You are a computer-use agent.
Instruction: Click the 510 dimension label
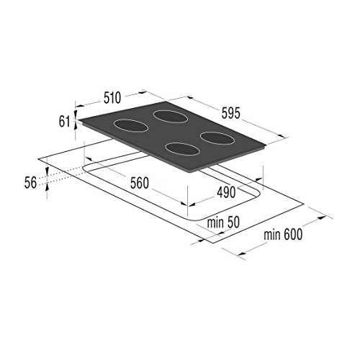[112, 98]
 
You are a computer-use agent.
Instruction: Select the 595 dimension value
[230, 113]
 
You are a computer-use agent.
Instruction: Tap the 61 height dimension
[64, 122]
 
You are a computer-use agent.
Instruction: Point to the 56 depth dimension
[30, 183]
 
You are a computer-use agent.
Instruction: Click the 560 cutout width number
[140, 183]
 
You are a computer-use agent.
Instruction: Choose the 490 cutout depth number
[226, 192]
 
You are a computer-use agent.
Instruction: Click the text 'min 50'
[223, 222]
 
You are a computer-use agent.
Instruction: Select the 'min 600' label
[283, 235]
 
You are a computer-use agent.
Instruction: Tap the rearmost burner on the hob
[170, 117]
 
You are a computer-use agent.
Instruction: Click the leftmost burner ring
[130, 125]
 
